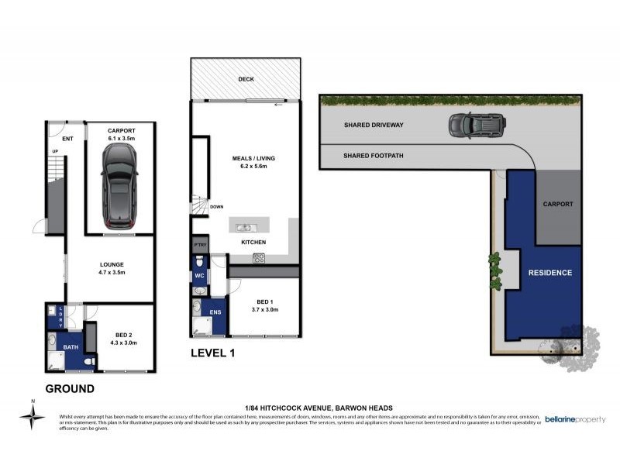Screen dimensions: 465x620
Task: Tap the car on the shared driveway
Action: pyautogui.click(x=475, y=125)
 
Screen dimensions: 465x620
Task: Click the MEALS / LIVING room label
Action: pyautogui.click(x=253, y=158)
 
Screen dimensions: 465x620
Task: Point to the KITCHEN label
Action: pyautogui.click(x=253, y=242)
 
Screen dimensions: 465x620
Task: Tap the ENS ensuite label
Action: pyautogui.click(x=215, y=313)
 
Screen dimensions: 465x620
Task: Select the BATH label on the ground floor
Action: pyautogui.click(x=71, y=346)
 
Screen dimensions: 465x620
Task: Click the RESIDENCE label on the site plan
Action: pyautogui.click(x=549, y=273)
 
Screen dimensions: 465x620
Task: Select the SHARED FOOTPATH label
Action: pyautogui.click(x=373, y=156)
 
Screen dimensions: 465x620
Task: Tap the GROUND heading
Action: pyautogui.click(x=70, y=388)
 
